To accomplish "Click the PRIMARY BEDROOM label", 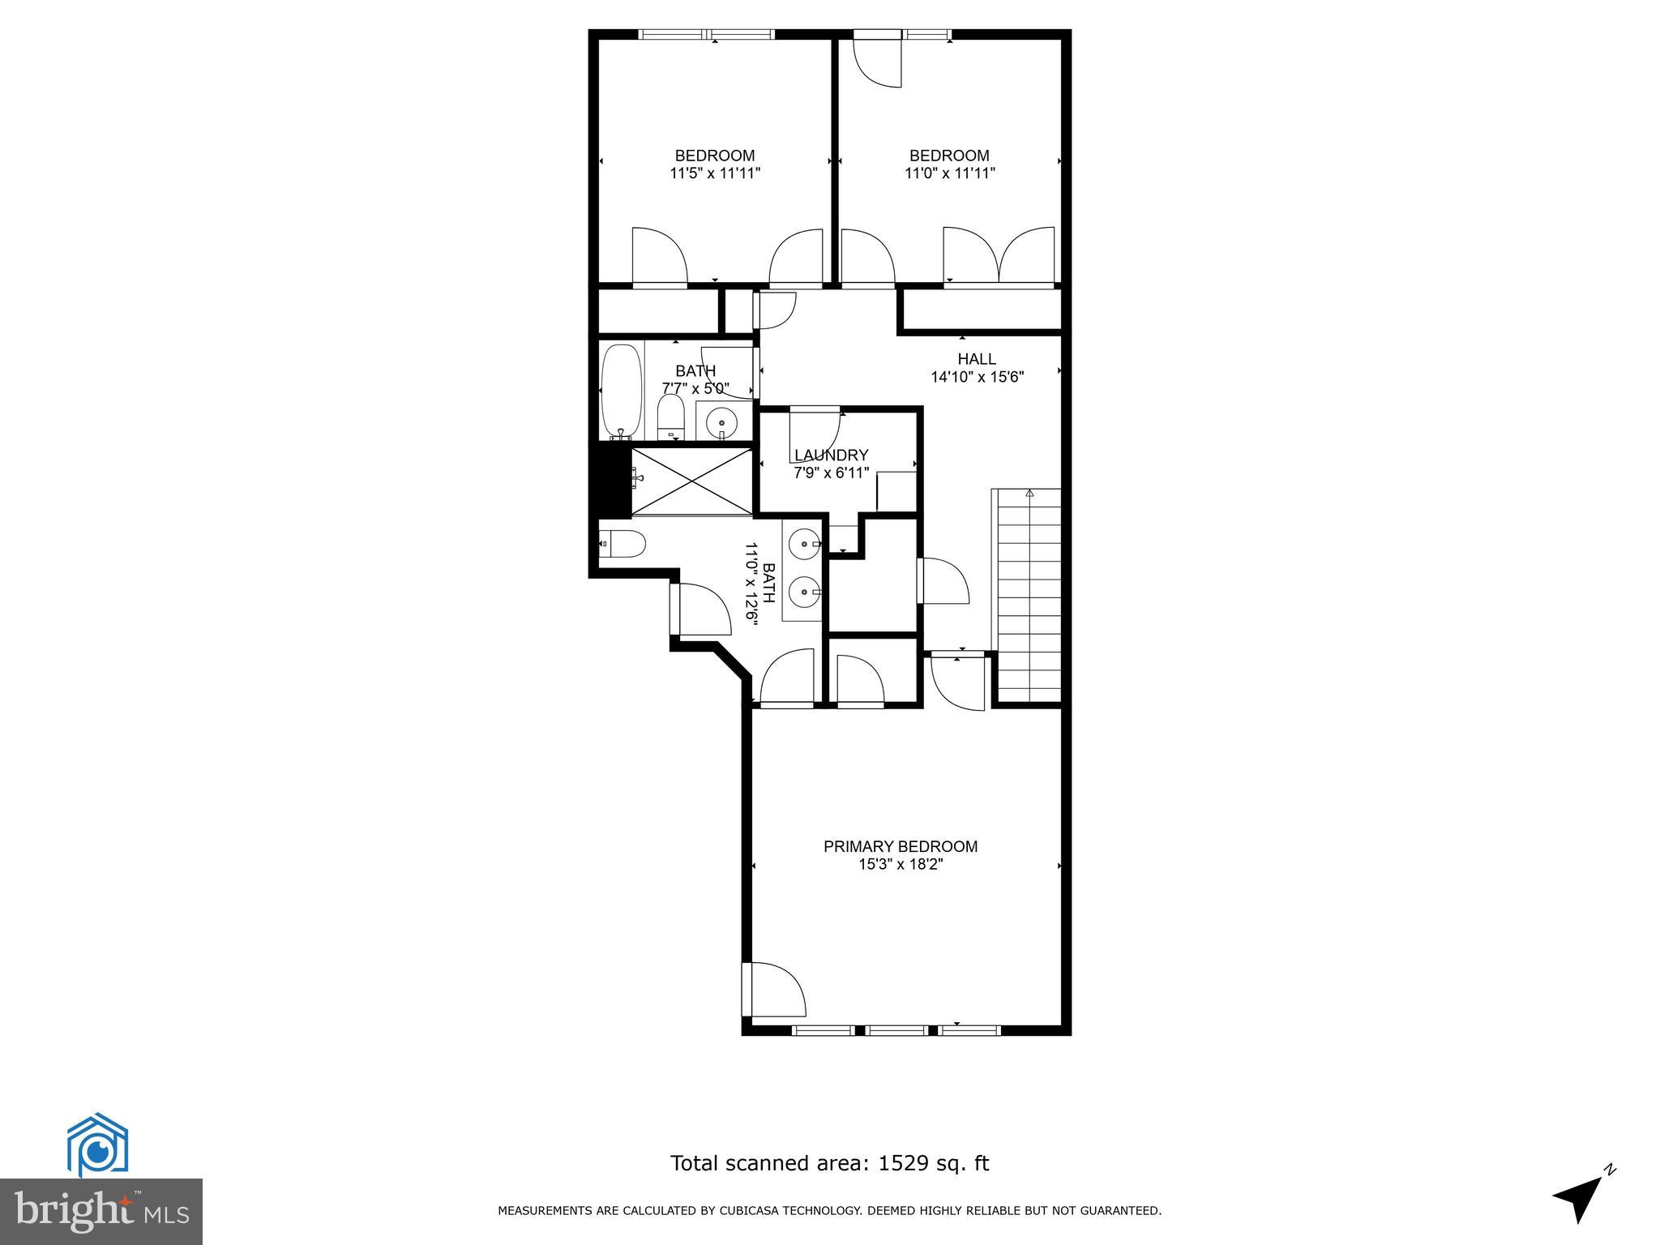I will tap(901, 846).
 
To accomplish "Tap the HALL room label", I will tap(977, 359).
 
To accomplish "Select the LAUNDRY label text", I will tap(831, 456).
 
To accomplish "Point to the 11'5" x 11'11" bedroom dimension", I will tap(715, 173).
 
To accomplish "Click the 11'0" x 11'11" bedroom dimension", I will tap(949, 173).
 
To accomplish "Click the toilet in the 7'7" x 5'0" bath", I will tap(670, 416).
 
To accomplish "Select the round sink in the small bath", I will tap(721, 422).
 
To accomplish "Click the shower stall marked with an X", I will tap(692, 481).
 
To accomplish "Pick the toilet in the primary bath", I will tap(622, 543).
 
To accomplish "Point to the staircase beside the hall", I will tap(1027, 596).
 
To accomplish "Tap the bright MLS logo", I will tap(101, 1212).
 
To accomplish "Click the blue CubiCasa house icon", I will tap(97, 1145).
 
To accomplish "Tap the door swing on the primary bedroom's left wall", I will tap(774, 990).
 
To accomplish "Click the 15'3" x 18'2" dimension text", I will tap(901, 865).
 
